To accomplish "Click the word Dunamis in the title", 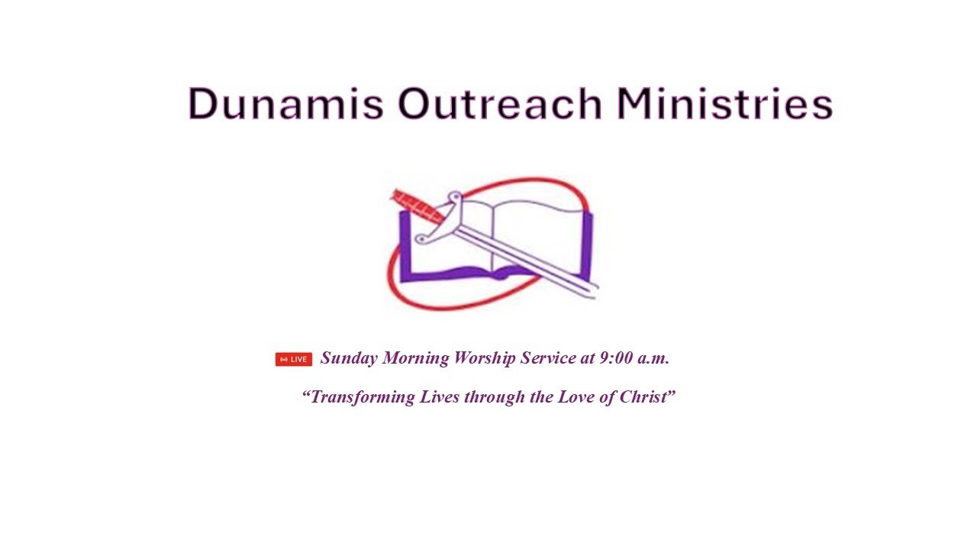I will click(285, 104).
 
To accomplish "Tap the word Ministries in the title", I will click(724, 104).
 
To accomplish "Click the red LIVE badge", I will click(294, 359).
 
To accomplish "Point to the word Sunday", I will click(349, 358).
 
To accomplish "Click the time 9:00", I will click(615, 357).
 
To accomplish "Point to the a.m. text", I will click(653, 357).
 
